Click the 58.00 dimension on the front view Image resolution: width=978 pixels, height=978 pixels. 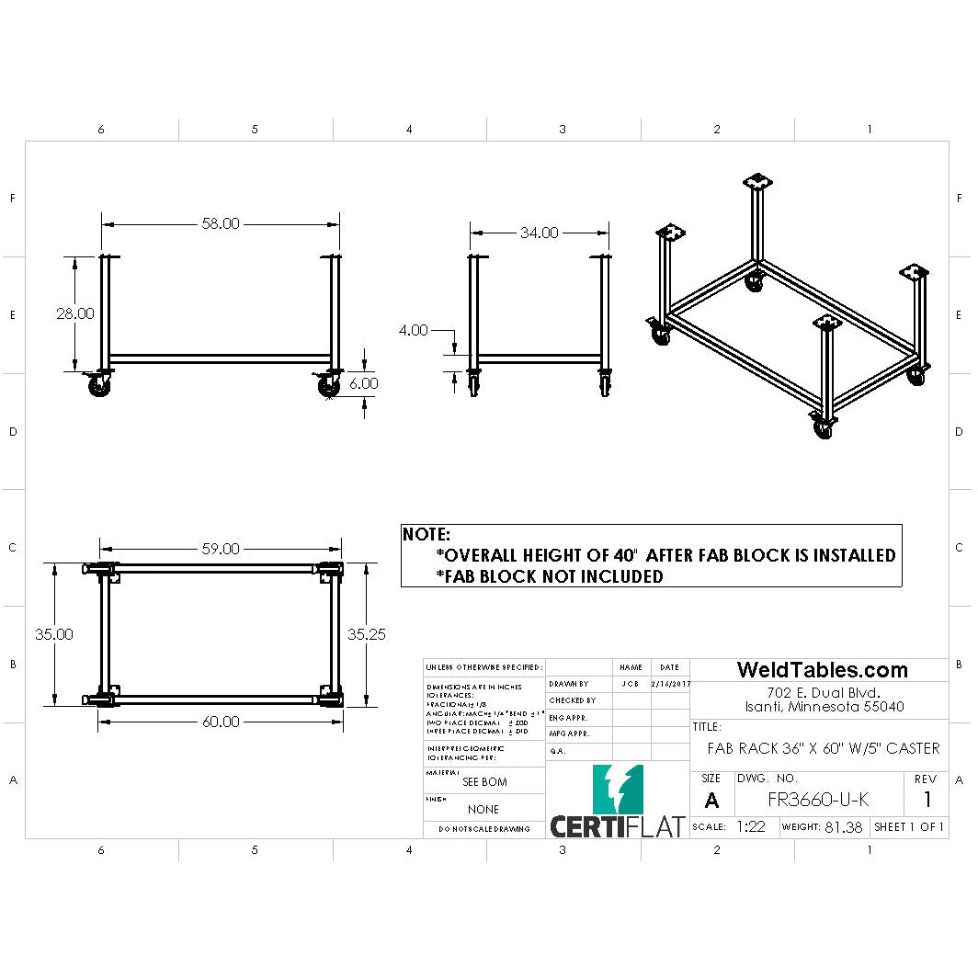point(221,223)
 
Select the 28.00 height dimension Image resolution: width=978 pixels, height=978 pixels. point(74,313)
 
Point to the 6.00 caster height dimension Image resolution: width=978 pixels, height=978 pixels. point(363,382)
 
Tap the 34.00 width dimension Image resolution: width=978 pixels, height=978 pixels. point(539,233)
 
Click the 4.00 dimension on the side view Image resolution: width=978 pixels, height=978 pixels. point(414,330)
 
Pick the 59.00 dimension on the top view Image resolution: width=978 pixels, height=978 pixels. point(220,549)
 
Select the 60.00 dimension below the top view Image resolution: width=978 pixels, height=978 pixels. point(220,722)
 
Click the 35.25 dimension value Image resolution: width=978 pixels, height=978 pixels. point(366,633)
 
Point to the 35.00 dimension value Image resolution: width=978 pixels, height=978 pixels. point(55,633)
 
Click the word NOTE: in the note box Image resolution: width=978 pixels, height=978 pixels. point(427,534)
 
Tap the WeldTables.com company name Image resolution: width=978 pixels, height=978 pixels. point(822,670)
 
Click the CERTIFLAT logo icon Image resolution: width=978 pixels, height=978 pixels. point(618,789)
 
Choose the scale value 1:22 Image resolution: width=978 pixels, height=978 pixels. point(751,826)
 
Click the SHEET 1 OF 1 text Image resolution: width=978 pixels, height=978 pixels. point(909,826)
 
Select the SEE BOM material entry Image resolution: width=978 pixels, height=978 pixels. point(483,782)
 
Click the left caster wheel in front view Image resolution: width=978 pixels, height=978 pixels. point(97,389)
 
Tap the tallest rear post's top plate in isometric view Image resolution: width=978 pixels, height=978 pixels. point(758,181)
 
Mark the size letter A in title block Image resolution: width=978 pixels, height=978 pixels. point(711,801)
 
